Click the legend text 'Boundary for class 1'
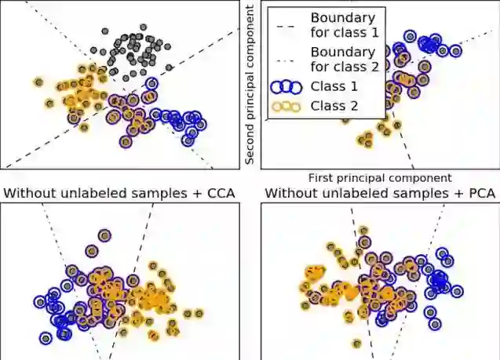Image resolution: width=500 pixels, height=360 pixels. click(x=343, y=25)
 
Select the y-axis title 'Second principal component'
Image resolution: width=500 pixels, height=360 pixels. click(x=250, y=85)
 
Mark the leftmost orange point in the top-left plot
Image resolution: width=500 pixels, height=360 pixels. click(x=38, y=82)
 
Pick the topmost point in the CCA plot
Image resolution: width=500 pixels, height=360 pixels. click(x=104, y=235)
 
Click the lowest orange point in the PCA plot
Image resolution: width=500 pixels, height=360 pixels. click(x=357, y=343)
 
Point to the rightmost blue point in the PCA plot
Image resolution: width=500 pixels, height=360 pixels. click(x=458, y=291)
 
